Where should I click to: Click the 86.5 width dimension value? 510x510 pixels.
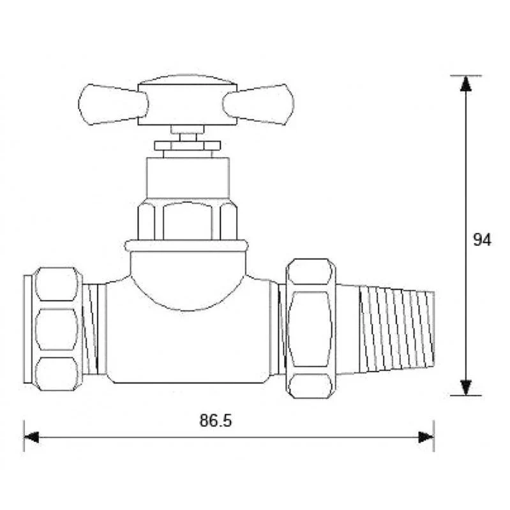click(x=216, y=420)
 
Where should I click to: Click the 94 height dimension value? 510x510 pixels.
click(x=482, y=240)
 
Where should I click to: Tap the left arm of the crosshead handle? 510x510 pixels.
click(x=113, y=105)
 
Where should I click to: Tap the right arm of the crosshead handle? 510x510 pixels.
click(x=259, y=104)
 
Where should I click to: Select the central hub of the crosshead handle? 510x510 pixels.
click(x=188, y=105)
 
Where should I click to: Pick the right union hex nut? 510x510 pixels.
click(x=311, y=329)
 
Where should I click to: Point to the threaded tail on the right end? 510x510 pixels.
click(x=396, y=329)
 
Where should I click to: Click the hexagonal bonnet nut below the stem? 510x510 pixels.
click(x=188, y=221)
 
